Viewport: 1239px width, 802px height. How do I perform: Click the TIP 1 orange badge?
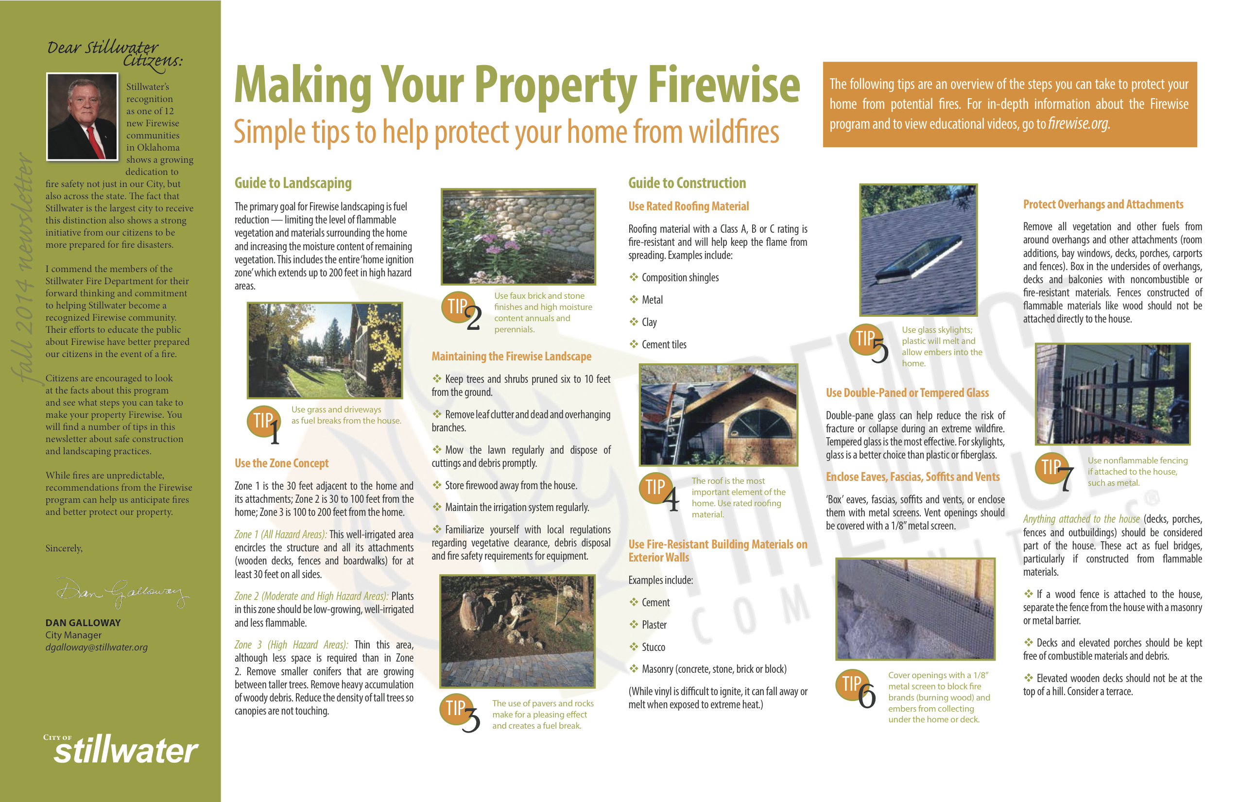pos(264,422)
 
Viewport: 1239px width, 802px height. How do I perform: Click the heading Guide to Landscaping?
pos(293,183)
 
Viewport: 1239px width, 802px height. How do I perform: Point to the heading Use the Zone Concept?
pos(282,463)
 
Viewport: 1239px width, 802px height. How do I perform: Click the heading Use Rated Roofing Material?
pos(688,206)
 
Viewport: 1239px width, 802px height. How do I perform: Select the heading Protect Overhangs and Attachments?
pos(1103,205)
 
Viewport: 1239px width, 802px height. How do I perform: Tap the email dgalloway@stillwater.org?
pos(96,647)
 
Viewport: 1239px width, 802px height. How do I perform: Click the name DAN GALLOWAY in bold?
pos(83,622)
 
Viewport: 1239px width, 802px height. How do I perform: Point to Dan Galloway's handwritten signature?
pos(123,592)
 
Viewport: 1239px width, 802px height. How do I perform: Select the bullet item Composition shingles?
pos(674,277)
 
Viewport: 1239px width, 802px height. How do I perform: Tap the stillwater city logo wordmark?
pos(125,750)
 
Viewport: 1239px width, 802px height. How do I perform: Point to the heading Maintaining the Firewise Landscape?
pos(511,357)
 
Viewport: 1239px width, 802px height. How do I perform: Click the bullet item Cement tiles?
pos(658,344)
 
